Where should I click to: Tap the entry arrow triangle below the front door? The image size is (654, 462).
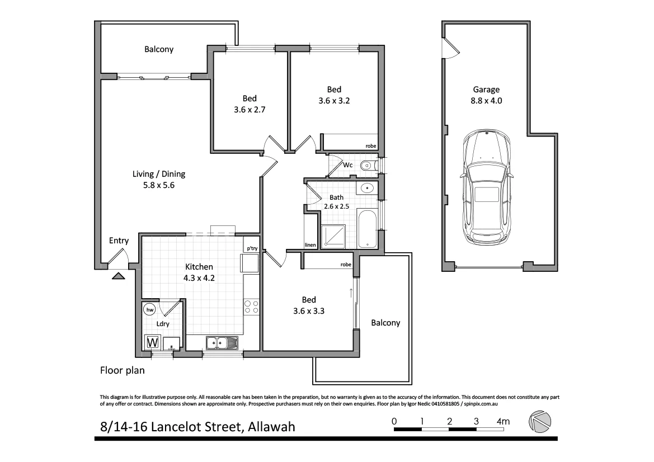coord(119,275)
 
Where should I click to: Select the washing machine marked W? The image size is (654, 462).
coord(152,342)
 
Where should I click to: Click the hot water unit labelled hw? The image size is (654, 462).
coord(149,309)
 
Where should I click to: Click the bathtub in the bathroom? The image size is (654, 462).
coord(367,229)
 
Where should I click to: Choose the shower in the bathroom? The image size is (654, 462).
coord(333,236)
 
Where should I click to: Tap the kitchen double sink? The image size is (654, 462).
coord(222,342)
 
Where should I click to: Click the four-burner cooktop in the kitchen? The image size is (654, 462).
coord(251,307)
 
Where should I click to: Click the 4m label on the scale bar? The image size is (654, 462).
coord(503,421)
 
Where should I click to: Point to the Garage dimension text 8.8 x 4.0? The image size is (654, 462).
coord(486,101)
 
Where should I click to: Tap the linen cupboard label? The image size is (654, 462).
coord(310,245)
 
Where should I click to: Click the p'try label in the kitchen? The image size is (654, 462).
coord(252,248)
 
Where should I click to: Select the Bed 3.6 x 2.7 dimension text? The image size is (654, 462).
coord(250,110)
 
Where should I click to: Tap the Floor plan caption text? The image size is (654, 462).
coord(123,370)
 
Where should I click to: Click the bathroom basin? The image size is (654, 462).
coord(368,188)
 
